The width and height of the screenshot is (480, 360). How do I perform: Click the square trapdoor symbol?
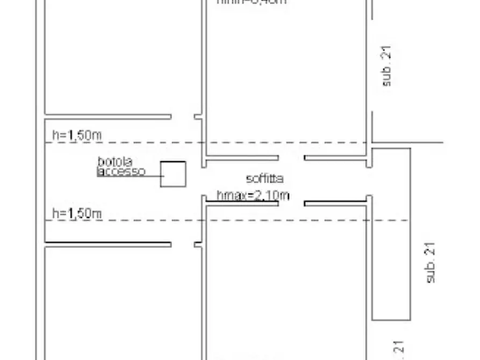[173, 174]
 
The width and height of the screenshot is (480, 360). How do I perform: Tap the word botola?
[114, 161]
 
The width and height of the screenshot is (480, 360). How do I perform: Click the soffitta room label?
[264, 179]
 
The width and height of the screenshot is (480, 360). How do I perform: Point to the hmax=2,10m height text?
[253, 196]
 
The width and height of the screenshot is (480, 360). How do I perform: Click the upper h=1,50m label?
[77, 135]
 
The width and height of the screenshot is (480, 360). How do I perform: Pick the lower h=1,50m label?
[77, 213]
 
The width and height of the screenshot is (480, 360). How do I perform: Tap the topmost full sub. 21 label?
[387, 66]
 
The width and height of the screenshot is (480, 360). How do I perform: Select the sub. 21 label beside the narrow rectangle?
[431, 263]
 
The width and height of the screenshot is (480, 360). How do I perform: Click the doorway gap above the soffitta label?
[291, 158]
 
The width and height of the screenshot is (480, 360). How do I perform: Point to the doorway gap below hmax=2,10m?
[291, 204]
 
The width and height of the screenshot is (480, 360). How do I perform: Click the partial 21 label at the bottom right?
[398, 350]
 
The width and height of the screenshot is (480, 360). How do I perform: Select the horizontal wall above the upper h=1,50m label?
[108, 116]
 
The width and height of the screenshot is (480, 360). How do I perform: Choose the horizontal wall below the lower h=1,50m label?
[108, 244]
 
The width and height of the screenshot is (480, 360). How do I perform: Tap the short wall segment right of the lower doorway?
[336, 204]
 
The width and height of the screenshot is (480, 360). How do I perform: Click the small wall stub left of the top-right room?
[198, 116]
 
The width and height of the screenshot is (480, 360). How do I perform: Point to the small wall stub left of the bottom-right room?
[198, 244]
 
